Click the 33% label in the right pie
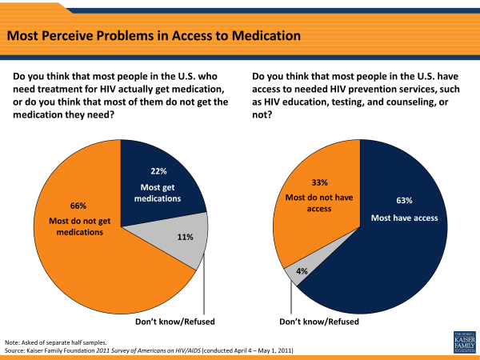click(297, 182)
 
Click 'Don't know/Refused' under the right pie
click(319, 321)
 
